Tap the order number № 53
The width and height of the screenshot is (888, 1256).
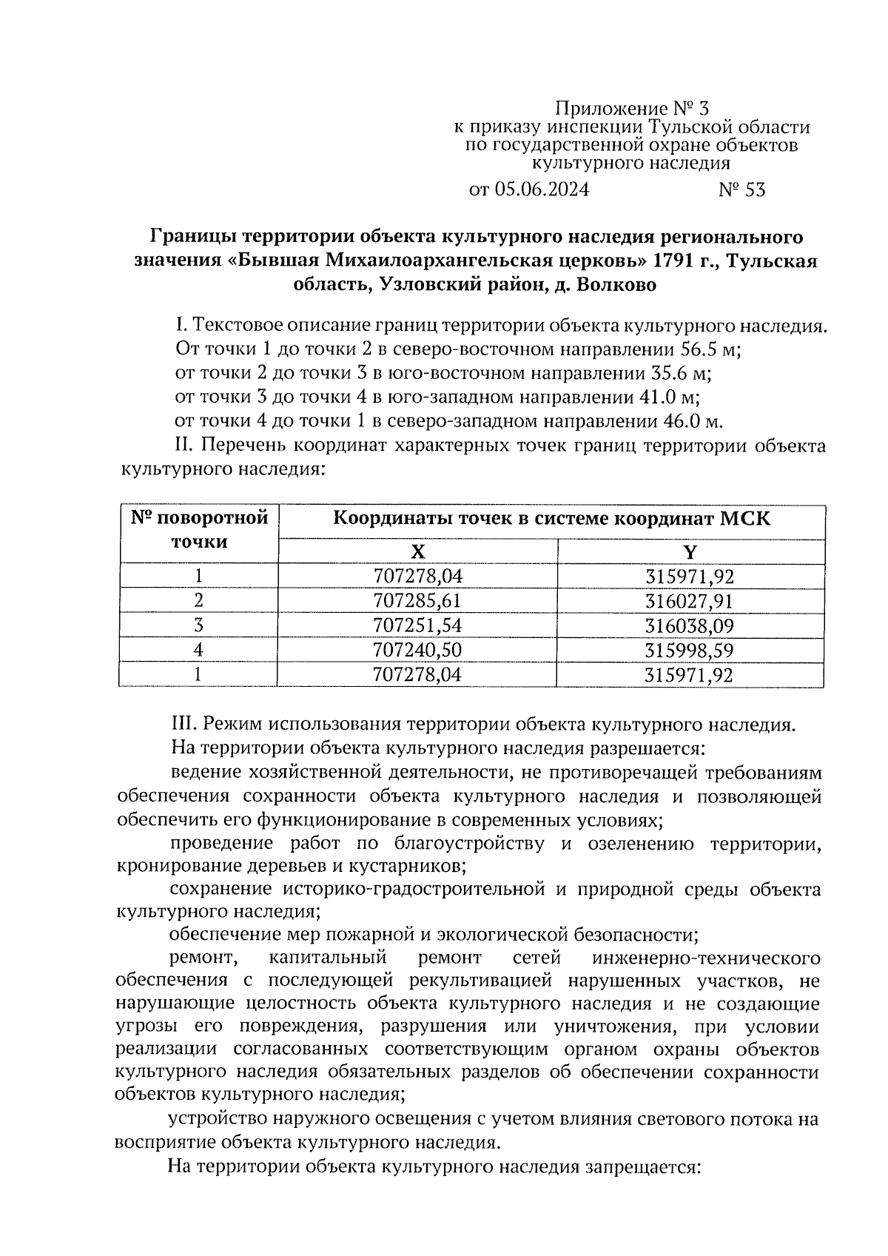pyautogui.click(x=741, y=190)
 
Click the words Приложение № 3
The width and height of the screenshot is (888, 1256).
pyautogui.click(x=626, y=110)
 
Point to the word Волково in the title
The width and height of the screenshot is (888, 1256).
pyautogui.click(x=616, y=285)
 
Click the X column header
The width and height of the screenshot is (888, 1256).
pyautogui.click(x=417, y=551)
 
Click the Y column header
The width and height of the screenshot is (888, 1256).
pyautogui.click(x=690, y=551)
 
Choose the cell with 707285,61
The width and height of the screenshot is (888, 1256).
pyautogui.click(x=417, y=601)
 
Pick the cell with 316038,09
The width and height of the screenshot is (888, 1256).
pyautogui.click(x=690, y=626)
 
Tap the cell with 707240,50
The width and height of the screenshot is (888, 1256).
pyautogui.click(x=417, y=651)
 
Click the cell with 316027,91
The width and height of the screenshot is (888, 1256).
pyautogui.click(x=690, y=601)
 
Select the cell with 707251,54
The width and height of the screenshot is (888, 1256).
pyautogui.click(x=417, y=626)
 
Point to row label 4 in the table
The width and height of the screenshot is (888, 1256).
pyautogui.click(x=198, y=651)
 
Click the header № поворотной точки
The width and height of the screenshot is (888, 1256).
pyautogui.click(x=199, y=530)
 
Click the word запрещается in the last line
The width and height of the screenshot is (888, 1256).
pyautogui.click(x=642, y=1167)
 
